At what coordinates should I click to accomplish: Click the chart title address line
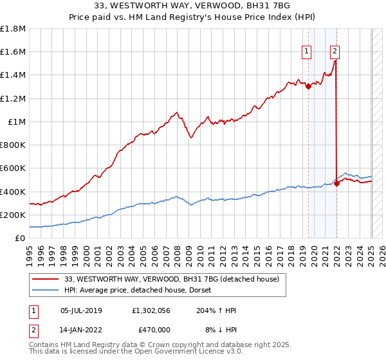point(193,7)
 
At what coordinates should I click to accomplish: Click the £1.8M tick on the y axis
point(13,29)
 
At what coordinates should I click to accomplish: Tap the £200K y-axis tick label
point(13,215)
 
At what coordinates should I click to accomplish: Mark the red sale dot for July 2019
point(308,87)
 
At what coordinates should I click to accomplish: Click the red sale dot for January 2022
point(337,184)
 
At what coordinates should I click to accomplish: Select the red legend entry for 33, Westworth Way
point(171,279)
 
